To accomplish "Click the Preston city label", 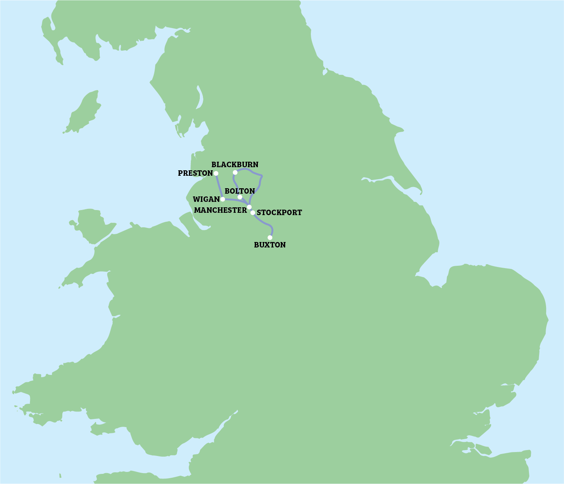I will pyautogui.click(x=195, y=173).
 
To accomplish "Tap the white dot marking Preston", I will pyautogui.click(x=216, y=173).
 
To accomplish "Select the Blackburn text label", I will pyautogui.click(x=234, y=164).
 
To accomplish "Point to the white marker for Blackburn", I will pyautogui.click(x=235, y=172).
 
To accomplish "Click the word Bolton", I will pyautogui.click(x=240, y=191).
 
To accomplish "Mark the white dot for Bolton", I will pyautogui.click(x=240, y=197).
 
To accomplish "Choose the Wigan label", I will pyautogui.click(x=206, y=199).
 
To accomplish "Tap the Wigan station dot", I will pyautogui.click(x=222, y=199).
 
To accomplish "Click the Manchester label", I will pyautogui.click(x=220, y=210).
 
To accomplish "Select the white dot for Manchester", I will pyautogui.click(x=249, y=207).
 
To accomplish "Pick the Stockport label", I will pyautogui.click(x=279, y=212).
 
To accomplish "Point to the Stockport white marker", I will pyautogui.click(x=253, y=212).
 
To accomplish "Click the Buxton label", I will pyautogui.click(x=270, y=245).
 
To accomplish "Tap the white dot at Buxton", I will pyautogui.click(x=270, y=237).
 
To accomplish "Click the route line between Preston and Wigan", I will pyautogui.click(x=219, y=187).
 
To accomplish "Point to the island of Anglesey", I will pyautogui.click(x=93, y=226).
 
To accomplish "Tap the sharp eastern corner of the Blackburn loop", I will pyautogui.click(x=262, y=176).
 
